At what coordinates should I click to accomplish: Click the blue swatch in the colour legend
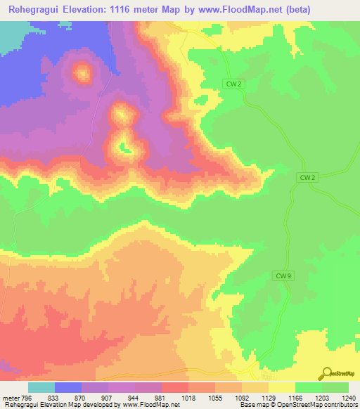(x=67, y=387)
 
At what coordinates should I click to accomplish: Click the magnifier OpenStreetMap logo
(x=327, y=373)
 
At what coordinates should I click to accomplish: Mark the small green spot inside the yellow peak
(x=124, y=147)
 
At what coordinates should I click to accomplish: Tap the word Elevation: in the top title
(x=81, y=9)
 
